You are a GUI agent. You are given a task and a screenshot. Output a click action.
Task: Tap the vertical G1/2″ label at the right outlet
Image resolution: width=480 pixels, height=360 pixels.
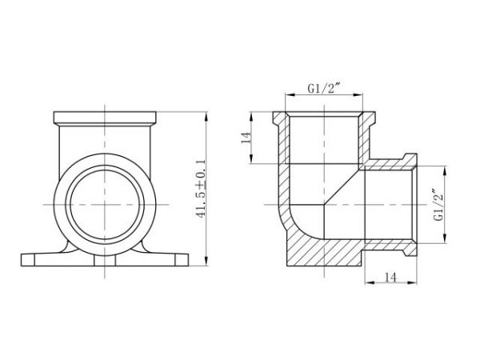coord(436,205)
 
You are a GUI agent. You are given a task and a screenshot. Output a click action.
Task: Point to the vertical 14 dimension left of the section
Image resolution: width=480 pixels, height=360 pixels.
coord(247,137)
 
